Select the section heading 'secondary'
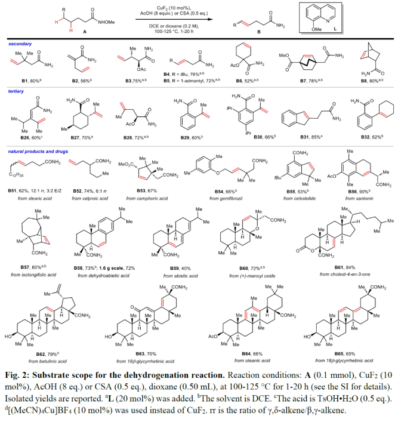19,44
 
